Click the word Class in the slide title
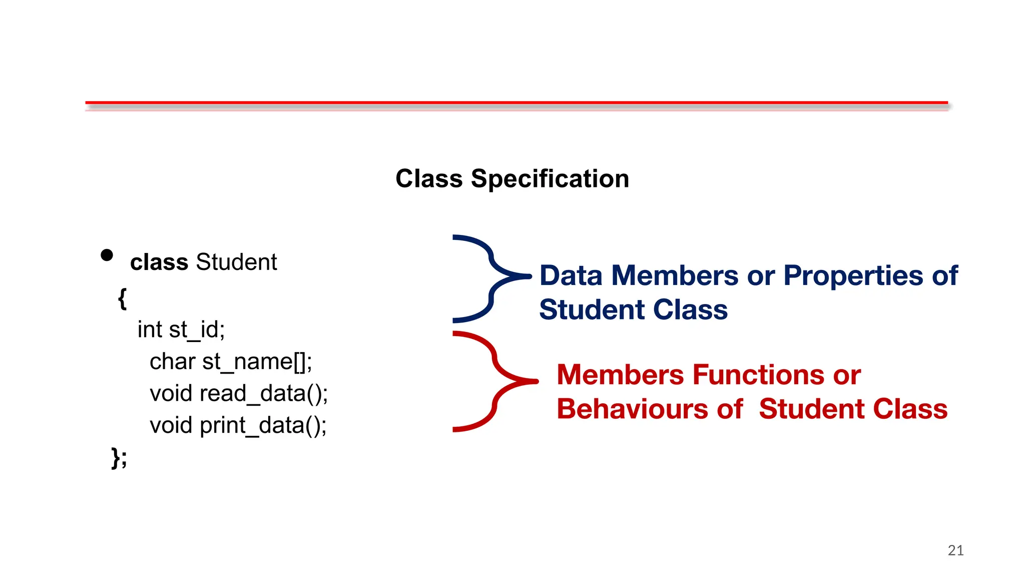[429, 179]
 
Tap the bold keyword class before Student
[159, 262]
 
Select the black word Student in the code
[236, 262]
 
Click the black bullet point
[107, 255]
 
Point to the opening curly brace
[122, 299]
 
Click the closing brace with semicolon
[119, 457]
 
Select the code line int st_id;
[181, 330]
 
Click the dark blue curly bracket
[490, 278]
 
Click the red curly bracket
[493, 381]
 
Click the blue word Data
[571, 276]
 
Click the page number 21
[955, 550]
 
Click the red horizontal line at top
[516, 103]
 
